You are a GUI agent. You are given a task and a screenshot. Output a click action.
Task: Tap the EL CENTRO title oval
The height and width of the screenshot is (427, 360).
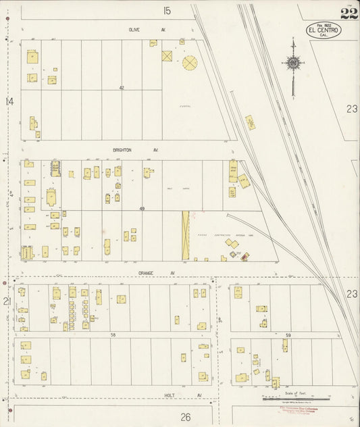pyautogui.click(x=324, y=30)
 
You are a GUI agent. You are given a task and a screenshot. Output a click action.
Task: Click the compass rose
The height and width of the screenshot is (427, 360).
pyautogui.click(x=293, y=64)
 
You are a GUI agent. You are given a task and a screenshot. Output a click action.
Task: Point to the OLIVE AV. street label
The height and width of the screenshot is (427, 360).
pyautogui.click(x=147, y=30)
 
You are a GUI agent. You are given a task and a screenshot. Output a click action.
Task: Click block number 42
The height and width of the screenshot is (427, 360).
pyautogui.click(x=122, y=88)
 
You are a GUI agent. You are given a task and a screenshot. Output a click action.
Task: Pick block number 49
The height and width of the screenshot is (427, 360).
pyautogui.click(x=142, y=209)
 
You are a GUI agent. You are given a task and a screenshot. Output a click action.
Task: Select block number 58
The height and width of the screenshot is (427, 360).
pyautogui.click(x=114, y=334)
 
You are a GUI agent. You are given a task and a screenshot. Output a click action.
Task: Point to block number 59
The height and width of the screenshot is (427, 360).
pyautogui.click(x=288, y=335)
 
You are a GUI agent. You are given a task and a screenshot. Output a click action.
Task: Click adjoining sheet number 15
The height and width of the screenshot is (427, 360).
pyautogui.click(x=167, y=10)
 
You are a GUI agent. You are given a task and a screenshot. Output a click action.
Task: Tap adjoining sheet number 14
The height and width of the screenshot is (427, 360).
pyautogui.click(x=9, y=101)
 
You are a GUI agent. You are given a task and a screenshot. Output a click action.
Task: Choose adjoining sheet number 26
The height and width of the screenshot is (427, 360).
pyautogui.click(x=186, y=417)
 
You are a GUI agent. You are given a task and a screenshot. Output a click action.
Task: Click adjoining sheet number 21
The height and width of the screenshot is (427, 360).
pyautogui.click(x=8, y=301)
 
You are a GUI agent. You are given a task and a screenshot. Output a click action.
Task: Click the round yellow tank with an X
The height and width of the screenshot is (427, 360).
pyautogui.click(x=190, y=63)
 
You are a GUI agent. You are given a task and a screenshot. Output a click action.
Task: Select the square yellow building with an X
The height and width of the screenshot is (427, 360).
pyautogui.click(x=167, y=55)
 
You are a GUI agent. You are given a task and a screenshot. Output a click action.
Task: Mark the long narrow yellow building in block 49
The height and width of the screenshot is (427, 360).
pyautogui.click(x=185, y=235)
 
